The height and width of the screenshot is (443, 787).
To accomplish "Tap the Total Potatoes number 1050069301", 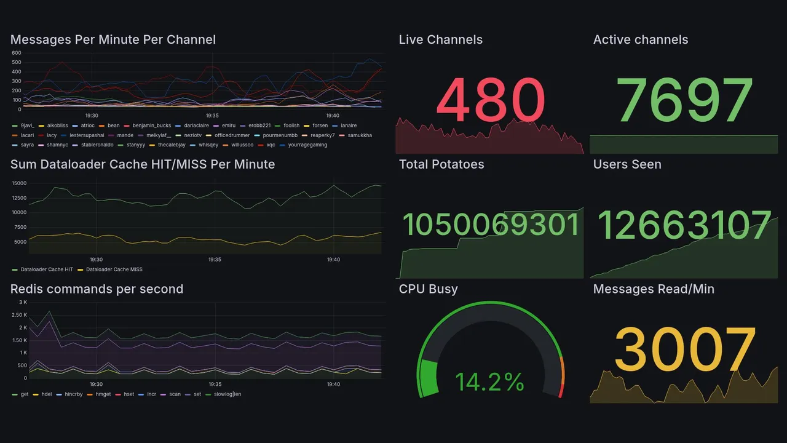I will [491, 225].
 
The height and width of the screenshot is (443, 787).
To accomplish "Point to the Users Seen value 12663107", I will [684, 225].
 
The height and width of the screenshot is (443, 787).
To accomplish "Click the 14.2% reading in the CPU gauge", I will [489, 382].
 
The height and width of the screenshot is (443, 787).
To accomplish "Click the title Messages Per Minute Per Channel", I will [113, 40].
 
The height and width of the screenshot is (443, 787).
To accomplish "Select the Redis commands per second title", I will [97, 289].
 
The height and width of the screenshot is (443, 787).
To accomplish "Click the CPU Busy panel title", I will [428, 289].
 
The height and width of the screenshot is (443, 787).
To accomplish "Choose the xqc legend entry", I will [271, 145].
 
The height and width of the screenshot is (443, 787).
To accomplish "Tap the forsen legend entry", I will [320, 126].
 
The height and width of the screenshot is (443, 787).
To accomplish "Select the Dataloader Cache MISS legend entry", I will [114, 269].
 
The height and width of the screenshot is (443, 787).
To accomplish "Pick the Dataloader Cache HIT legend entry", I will [47, 269].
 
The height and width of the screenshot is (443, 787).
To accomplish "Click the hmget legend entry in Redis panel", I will [103, 394].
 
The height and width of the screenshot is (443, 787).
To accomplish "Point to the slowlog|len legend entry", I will [227, 394].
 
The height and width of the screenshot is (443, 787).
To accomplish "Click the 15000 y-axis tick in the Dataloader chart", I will [19, 183].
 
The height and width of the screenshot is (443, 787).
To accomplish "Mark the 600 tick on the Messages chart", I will [16, 53].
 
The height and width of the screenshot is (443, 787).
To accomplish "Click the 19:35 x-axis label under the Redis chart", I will [215, 385].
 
